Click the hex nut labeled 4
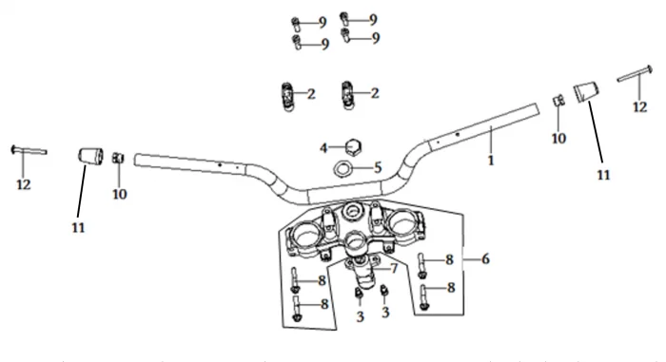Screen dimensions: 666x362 pyautogui.click(x=353, y=147)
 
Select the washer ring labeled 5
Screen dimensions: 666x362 pyautogui.click(x=343, y=168)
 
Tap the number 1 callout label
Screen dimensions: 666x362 pyautogui.click(x=491, y=161)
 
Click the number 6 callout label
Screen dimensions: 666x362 pyautogui.click(x=485, y=258)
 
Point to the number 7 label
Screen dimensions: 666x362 pyautogui.click(x=394, y=268)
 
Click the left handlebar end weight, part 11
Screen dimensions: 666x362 pyautogui.click(x=91, y=156)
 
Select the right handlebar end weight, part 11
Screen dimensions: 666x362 pyautogui.click(x=586, y=92)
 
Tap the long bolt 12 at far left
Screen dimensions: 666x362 pyautogui.click(x=29, y=150)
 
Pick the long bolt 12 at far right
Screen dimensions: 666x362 pyautogui.click(x=635, y=73)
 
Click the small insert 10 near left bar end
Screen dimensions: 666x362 pyautogui.click(x=118, y=159)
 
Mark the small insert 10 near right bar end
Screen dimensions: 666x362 pyautogui.click(x=558, y=101)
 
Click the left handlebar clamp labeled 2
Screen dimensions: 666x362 pyautogui.click(x=288, y=96)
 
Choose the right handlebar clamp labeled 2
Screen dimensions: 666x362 pyautogui.click(x=348, y=95)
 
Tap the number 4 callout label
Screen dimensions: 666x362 pyautogui.click(x=323, y=148)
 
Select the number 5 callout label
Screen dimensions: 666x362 pyautogui.click(x=378, y=167)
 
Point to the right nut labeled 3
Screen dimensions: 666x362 pyautogui.click(x=384, y=291)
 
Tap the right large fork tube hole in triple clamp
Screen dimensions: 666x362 pyautogui.click(x=401, y=222)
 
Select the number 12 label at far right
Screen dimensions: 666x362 pyautogui.click(x=640, y=107)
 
